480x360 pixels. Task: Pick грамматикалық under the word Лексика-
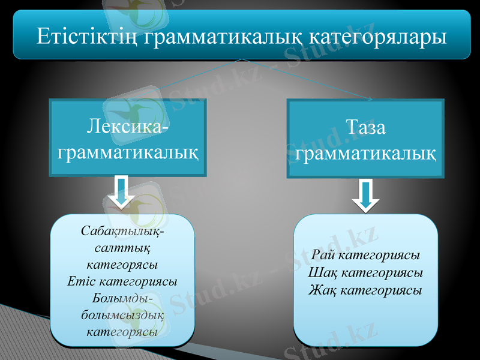pos(127,151)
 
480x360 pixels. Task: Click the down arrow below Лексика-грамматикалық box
pos(122,193)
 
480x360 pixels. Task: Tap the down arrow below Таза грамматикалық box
pos(365,196)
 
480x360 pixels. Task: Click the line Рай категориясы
pos(365,255)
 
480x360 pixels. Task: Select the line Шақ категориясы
pos(365,273)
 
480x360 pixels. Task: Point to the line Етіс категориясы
pos(122,280)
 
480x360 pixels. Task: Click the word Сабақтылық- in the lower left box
pos(122,230)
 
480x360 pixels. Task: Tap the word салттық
pos(122,247)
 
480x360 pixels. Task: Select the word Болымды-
pos(122,298)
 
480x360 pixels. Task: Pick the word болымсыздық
pos(122,314)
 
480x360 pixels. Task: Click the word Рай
pos(324,255)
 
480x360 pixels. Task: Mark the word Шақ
pos(321,273)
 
